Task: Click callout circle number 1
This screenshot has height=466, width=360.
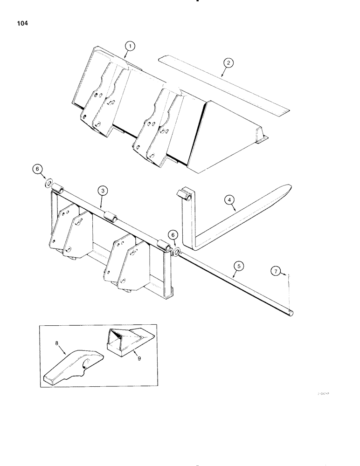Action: (131, 46)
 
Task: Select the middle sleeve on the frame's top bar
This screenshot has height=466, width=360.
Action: (111, 217)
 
